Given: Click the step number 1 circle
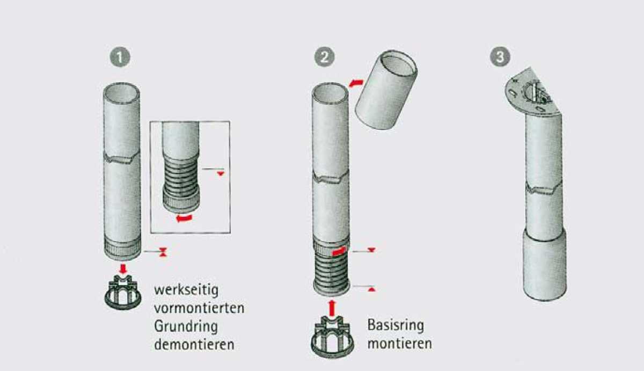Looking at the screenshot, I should (x=120, y=56).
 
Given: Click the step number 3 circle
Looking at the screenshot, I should (x=500, y=56).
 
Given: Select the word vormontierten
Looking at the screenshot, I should (x=199, y=308).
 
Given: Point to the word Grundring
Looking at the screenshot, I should (x=186, y=326).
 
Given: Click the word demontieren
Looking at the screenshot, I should (x=194, y=344).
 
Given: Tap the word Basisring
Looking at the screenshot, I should (x=396, y=325).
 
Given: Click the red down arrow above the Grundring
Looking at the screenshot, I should (x=123, y=267).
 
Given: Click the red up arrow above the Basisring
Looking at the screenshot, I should (x=332, y=307).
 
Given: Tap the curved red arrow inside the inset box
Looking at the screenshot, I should (x=184, y=218).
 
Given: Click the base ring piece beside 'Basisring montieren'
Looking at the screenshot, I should (x=331, y=336).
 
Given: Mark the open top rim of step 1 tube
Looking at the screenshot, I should (x=121, y=92).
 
